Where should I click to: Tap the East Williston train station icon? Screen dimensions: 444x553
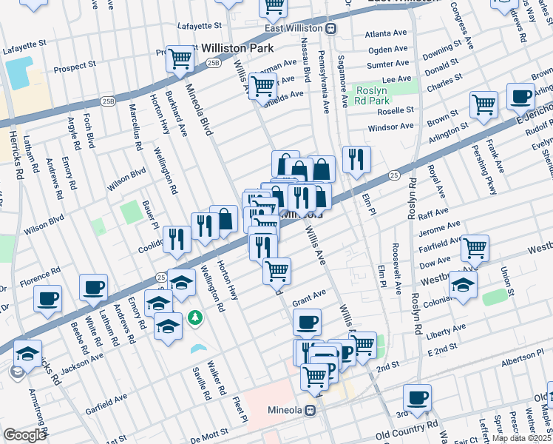[331, 28]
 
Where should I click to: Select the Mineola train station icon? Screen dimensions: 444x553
[311, 409]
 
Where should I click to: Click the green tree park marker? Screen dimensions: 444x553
[195, 317]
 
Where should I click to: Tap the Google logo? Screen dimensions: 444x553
[24, 435]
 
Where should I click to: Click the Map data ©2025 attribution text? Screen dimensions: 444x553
[520, 438]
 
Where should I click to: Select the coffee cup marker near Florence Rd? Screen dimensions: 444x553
[48, 298]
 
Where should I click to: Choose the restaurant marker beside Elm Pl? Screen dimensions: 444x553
[356, 159]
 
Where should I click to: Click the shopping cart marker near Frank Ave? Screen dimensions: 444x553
[484, 104]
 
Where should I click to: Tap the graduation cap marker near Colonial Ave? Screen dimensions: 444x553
[463, 284]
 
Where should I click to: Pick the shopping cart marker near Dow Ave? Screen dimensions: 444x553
[475, 249]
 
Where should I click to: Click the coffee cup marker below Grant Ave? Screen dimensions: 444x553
[308, 322]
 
